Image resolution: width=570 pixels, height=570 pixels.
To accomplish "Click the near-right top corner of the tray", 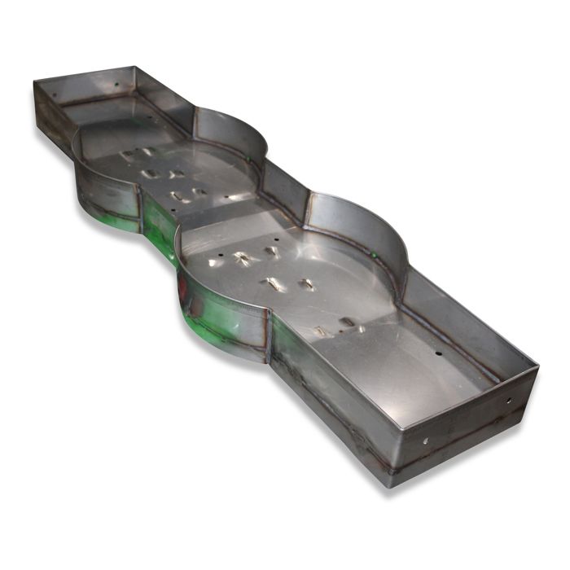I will pos(537,368).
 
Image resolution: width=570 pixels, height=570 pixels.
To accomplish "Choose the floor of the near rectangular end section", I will pos(407,375).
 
